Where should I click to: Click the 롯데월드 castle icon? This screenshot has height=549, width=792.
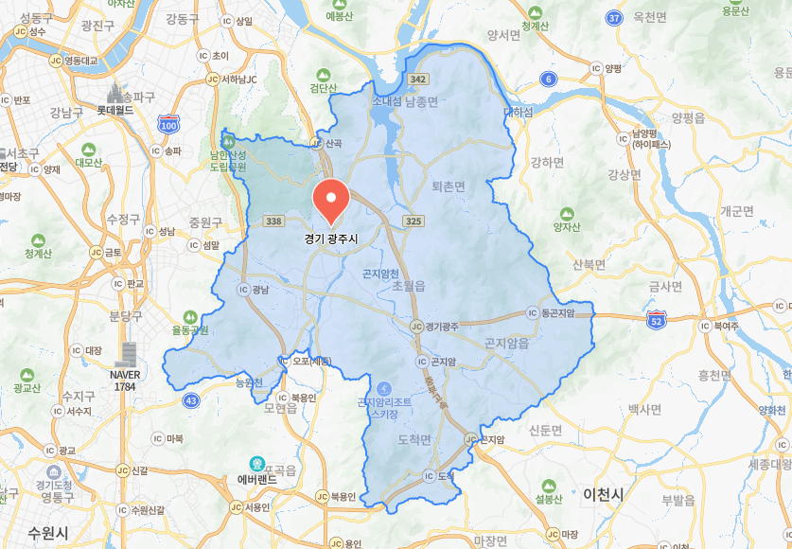(117, 94)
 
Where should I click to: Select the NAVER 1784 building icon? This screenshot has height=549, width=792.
(126, 354)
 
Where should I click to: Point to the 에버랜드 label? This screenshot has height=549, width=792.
(257, 480)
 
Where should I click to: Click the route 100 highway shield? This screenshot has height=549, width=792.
(168, 124)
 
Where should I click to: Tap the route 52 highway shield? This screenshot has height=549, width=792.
(657, 322)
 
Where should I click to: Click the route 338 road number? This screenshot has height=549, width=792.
(274, 221)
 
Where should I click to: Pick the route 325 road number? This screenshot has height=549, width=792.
(413, 221)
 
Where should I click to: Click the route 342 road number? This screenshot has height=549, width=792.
(419, 79)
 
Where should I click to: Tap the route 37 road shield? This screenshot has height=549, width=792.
(615, 18)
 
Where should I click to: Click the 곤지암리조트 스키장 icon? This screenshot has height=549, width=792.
(383, 388)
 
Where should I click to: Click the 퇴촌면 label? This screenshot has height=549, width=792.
(448, 186)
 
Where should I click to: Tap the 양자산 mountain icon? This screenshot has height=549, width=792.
(567, 214)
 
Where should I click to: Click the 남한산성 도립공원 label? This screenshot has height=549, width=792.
(227, 160)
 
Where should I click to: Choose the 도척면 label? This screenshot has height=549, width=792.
(414, 440)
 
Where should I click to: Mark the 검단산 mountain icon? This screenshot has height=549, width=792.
(324, 74)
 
